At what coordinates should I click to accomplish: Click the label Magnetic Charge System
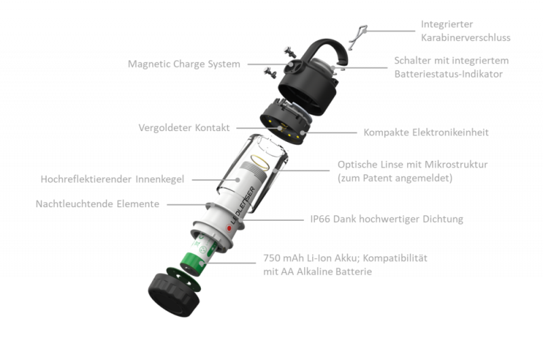pos(184,64)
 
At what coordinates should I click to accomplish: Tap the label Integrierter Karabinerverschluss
pos(466,31)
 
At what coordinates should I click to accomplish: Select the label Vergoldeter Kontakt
pos(184,128)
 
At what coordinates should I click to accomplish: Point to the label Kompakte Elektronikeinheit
pos(426,132)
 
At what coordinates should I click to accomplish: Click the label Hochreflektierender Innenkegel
pos(112,179)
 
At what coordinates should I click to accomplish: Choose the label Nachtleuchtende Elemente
pos(97,204)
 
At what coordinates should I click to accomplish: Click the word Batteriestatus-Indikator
pos(449,74)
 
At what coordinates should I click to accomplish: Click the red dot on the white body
pos(229,228)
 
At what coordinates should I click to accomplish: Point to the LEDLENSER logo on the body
pos(243,205)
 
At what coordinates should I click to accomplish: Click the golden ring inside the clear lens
pos(260,163)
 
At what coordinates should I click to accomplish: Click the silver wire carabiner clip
pos(358,37)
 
